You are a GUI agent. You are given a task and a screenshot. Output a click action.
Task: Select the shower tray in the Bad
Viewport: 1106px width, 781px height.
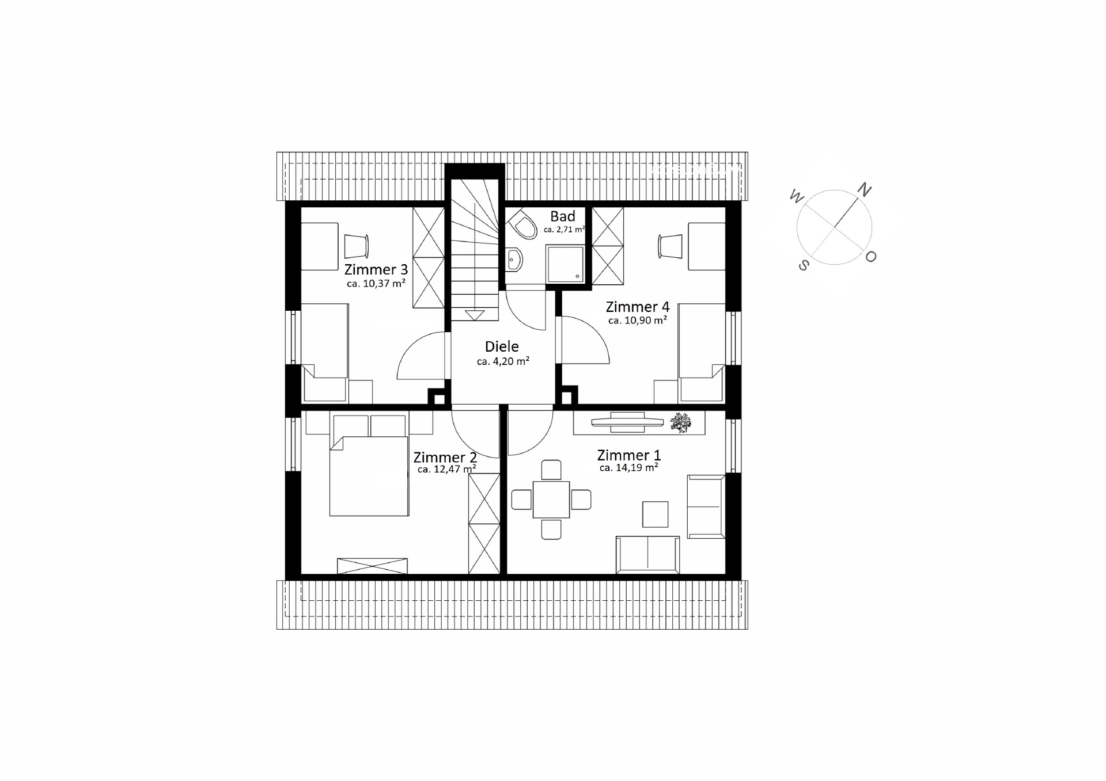pos(566,264)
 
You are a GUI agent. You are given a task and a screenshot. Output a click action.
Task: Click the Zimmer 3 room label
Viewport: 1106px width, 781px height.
pos(376,269)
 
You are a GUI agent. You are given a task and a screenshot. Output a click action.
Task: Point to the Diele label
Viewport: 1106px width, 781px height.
pos(502,346)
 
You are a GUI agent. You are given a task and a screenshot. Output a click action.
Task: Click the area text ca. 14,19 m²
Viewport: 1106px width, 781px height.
pos(628,468)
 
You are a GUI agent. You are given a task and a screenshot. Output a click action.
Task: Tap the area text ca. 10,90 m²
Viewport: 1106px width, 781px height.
pos(638,320)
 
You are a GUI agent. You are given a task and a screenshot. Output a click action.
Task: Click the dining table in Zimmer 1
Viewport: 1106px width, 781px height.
pos(551,500)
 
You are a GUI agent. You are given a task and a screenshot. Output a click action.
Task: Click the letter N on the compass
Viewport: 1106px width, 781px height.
pos(864,189)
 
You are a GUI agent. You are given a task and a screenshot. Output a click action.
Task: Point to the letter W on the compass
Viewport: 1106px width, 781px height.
pos(796,197)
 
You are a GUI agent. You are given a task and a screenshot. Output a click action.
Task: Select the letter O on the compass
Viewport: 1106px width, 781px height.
pos(870,257)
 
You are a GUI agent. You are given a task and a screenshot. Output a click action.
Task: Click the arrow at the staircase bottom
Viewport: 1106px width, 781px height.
pos(475,315)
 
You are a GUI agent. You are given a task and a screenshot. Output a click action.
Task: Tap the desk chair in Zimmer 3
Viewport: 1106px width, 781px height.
pos(356,246)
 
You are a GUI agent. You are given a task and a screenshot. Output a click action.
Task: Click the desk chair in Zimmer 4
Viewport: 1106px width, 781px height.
pos(671,246)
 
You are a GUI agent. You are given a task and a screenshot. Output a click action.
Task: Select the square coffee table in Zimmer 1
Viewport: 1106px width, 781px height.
pos(656,515)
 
